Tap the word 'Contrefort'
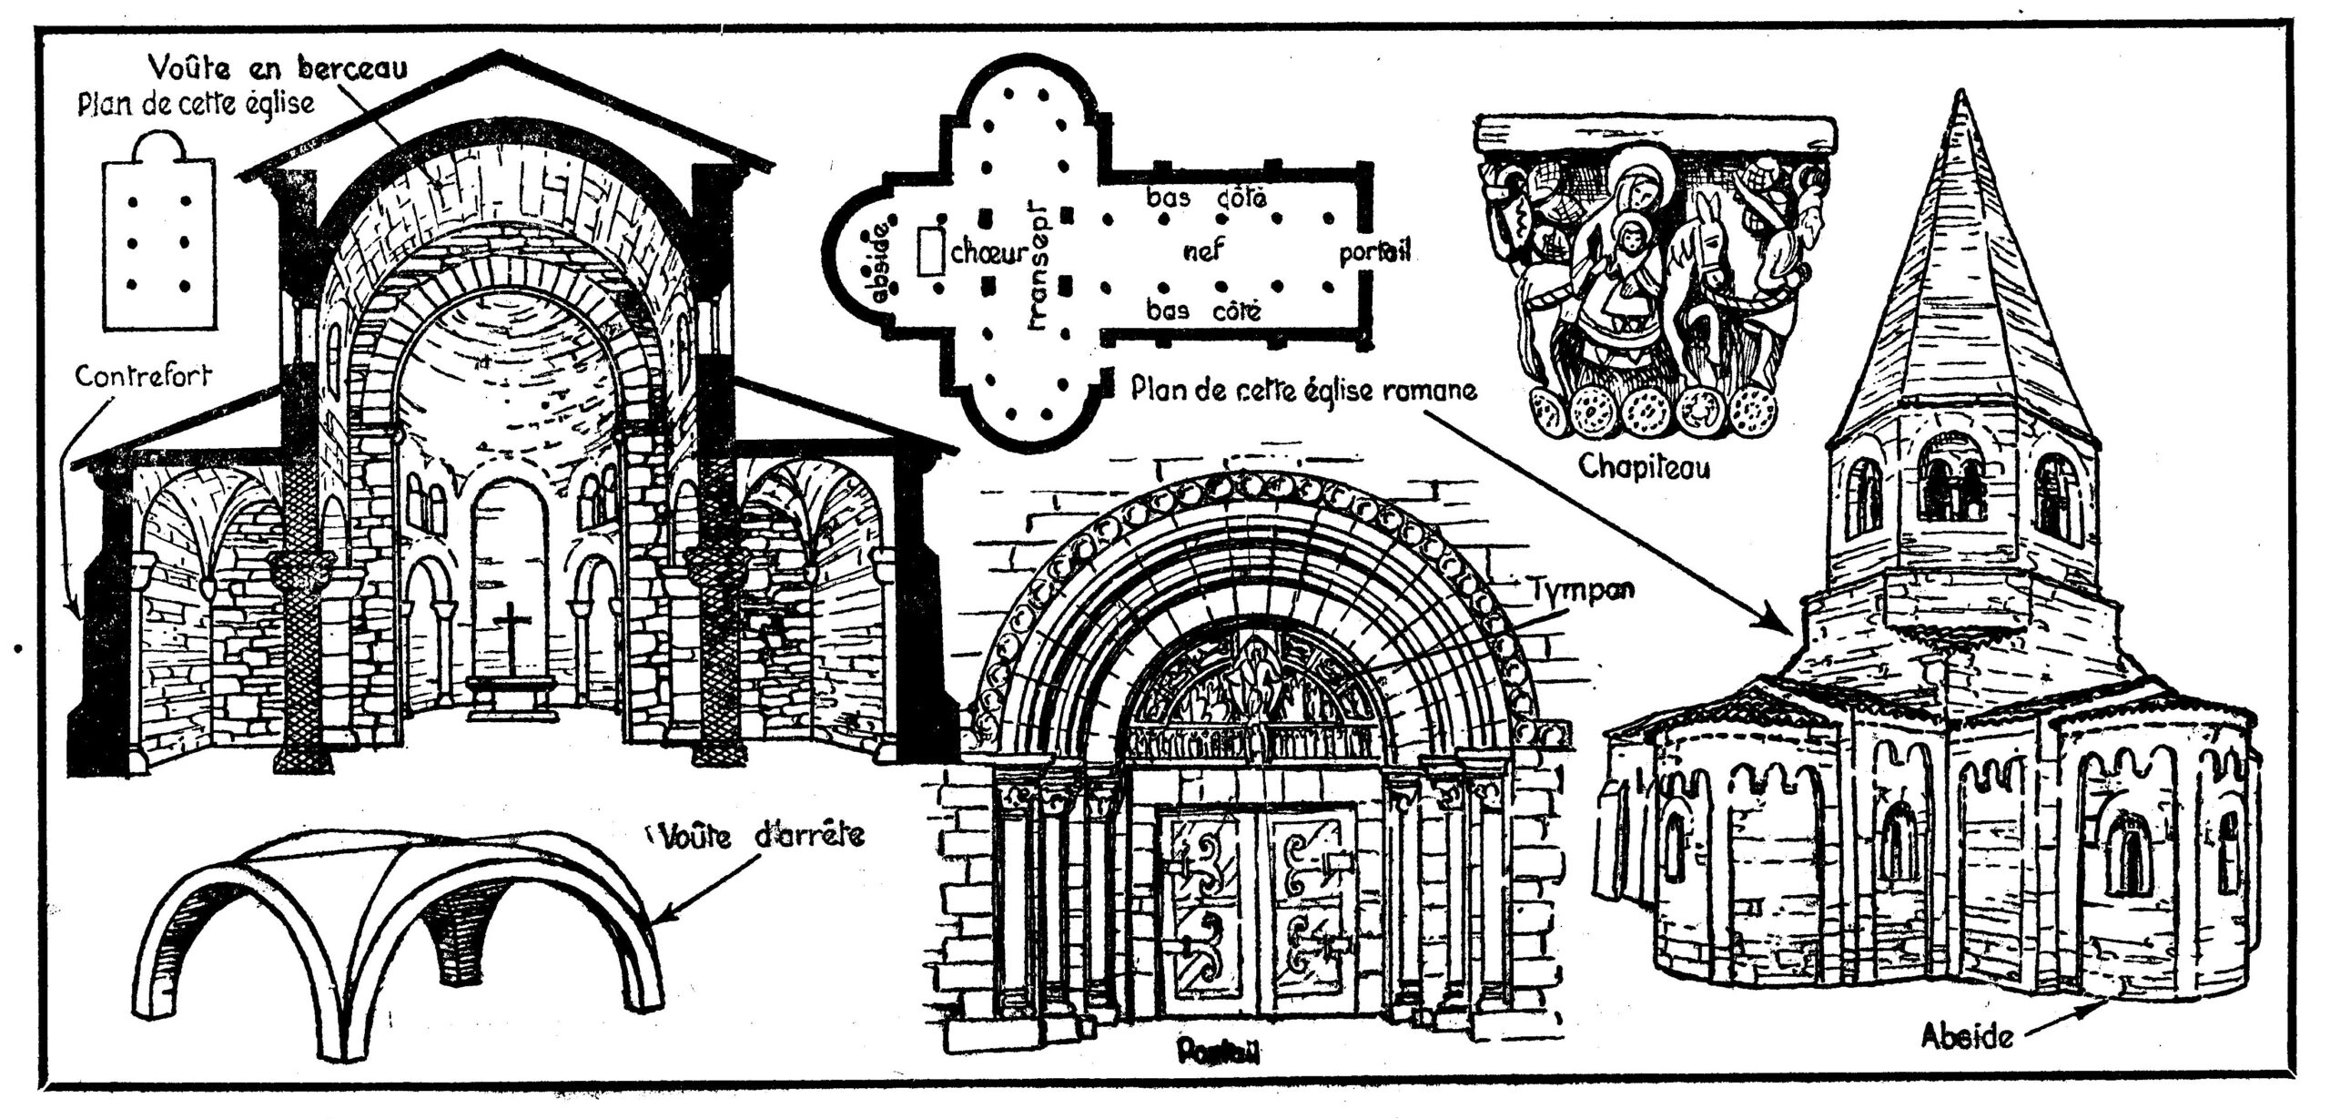(x=143, y=375)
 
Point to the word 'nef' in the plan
(x=1204, y=249)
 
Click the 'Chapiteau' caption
(x=1644, y=466)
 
